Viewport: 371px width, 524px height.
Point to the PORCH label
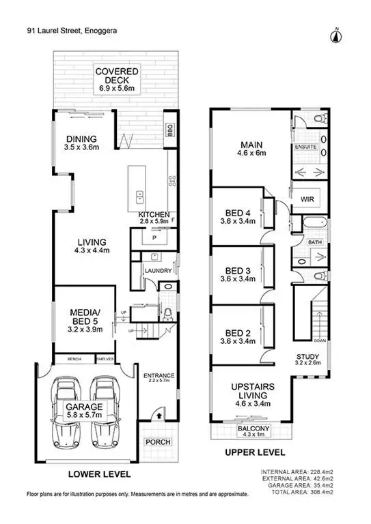tap(157, 441)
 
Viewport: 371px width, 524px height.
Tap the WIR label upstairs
tap(307, 199)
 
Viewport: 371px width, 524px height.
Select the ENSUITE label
tap(305, 147)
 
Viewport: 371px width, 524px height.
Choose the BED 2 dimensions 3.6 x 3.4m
tap(238, 341)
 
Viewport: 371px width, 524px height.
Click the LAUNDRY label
tap(155, 270)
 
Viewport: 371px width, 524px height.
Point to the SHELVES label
tap(105, 360)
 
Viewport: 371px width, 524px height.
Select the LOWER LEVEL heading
tap(100, 474)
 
